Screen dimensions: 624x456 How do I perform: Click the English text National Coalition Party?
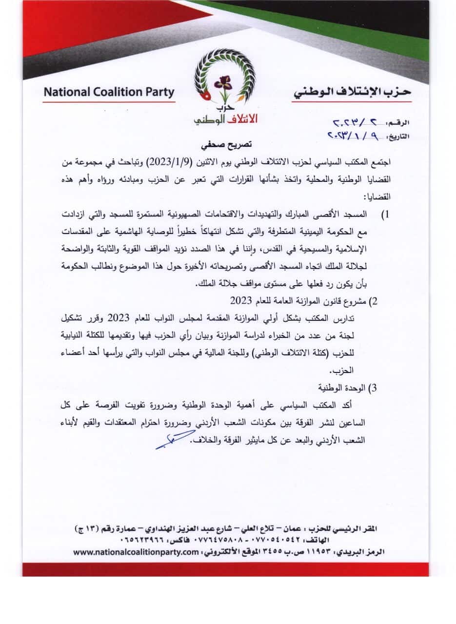(109, 92)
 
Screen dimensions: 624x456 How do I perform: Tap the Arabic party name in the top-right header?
(352, 92)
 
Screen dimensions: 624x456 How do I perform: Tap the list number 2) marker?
(374, 301)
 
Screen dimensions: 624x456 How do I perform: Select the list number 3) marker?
(374, 389)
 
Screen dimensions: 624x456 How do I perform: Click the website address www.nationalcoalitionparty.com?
(136, 552)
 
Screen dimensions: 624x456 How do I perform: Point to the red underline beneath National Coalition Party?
(109, 102)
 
